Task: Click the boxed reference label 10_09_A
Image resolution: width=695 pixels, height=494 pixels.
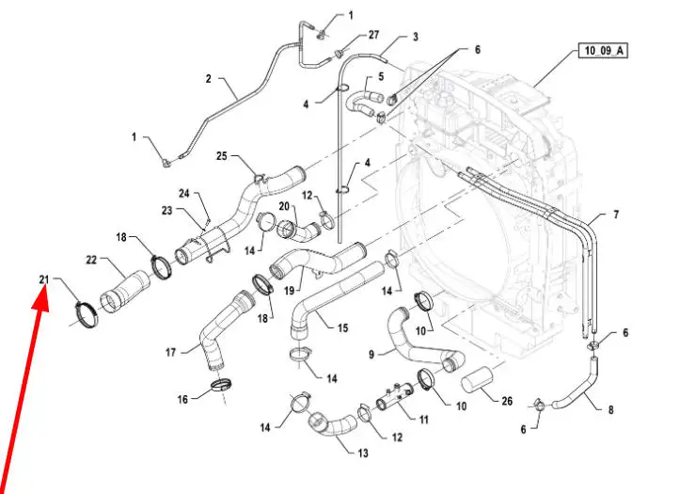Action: click(x=603, y=51)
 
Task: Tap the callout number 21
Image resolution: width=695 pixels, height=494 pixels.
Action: click(x=44, y=279)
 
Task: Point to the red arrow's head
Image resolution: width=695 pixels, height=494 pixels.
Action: click(x=40, y=300)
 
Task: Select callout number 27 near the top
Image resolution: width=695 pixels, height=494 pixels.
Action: click(x=373, y=35)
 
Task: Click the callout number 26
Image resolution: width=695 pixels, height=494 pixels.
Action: click(x=507, y=401)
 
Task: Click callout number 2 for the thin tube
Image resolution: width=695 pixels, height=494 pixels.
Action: click(x=209, y=79)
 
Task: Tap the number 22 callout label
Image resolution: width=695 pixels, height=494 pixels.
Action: click(x=91, y=260)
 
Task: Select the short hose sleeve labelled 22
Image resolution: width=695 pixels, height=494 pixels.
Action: click(x=125, y=289)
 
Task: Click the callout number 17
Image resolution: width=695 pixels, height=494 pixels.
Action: click(x=170, y=353)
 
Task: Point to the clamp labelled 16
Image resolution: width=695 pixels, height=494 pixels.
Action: click(x=221, y=385)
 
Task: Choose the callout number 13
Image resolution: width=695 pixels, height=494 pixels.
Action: click(x=363, y=454)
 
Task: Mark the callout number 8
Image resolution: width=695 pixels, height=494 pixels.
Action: click(x=610, y=409)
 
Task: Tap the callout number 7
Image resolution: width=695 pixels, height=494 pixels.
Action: click(x=616, y=215)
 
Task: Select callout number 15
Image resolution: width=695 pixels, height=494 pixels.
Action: click(x=342, y=328)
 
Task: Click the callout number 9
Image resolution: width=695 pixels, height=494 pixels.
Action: click(x=371, y=354)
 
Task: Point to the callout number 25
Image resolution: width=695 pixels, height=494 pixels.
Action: click(x=222, y=156)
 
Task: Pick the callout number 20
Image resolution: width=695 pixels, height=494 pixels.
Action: click(x=284, y=206)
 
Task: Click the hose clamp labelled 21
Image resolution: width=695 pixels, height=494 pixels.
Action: click(x=87, y=313)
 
